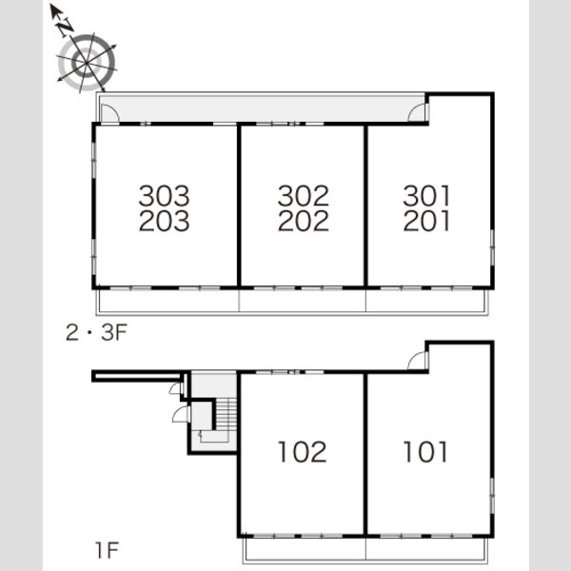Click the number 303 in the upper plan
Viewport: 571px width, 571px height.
(165, 196)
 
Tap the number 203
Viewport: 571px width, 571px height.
(165, 221)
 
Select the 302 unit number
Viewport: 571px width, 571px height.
(304, 196)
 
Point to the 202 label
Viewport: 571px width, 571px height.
(304, 221)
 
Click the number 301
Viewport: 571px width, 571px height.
(426, 196)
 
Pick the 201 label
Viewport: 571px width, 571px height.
(426, 221)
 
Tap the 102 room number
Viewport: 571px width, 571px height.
(303, 452)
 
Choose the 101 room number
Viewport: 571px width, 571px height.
(425, 452)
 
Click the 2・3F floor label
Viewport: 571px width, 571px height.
(96, 332)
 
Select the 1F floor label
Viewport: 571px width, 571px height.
(107, 550)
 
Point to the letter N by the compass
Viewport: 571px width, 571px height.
(66, 27)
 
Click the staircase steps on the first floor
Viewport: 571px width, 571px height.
(226, 414)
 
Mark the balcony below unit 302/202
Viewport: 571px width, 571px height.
(303, 301)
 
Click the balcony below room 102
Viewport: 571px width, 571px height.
(305, 549)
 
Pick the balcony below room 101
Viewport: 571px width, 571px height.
(426, 549)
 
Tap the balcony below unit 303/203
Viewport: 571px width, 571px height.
(167, 301)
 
